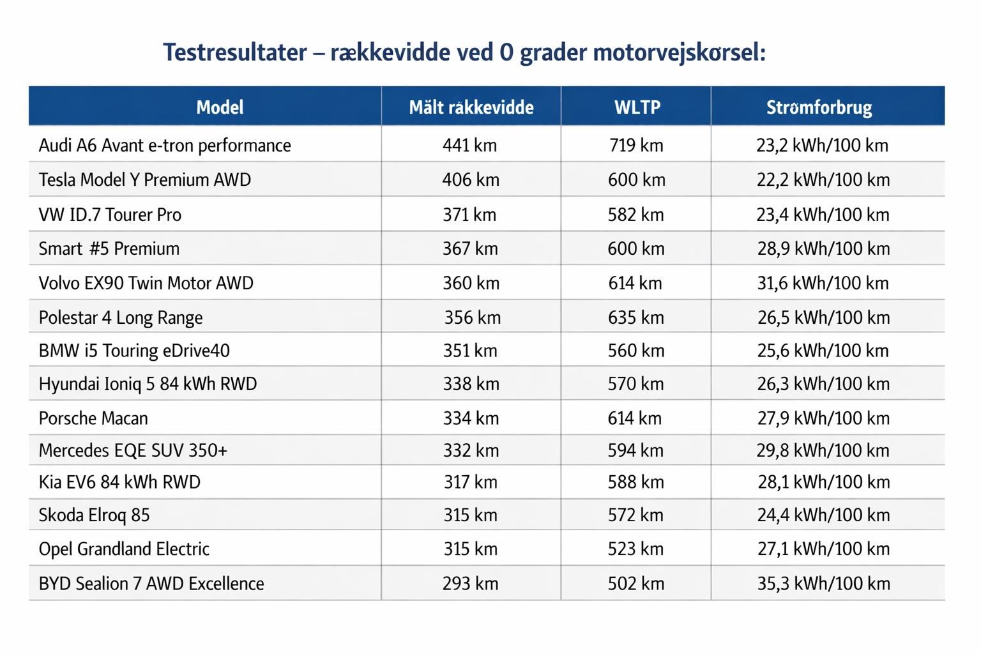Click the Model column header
pos(219,107)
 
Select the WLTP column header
pos(637,107)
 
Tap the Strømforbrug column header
pos(819,107)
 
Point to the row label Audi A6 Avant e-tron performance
pos(165,146)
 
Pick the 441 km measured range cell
pos(470,146)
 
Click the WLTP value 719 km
pos(636,146)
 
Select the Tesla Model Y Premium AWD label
pos(145,180)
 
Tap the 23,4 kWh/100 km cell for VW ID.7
pos(823,215)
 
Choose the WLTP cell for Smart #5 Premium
pos(636,248)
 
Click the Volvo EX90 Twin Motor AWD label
pos(146,283)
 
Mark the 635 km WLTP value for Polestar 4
pos(636,317)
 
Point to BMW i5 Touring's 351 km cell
pos(470,351)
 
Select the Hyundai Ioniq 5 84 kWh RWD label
pos(148,384)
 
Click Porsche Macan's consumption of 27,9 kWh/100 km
pos(823,418)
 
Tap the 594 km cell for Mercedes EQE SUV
pos(636,450)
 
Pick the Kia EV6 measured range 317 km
pos(470,482)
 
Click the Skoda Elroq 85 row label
pos(95,515)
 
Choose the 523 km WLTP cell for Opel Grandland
pos(636,549)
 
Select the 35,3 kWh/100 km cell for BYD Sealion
pos(823,583)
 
